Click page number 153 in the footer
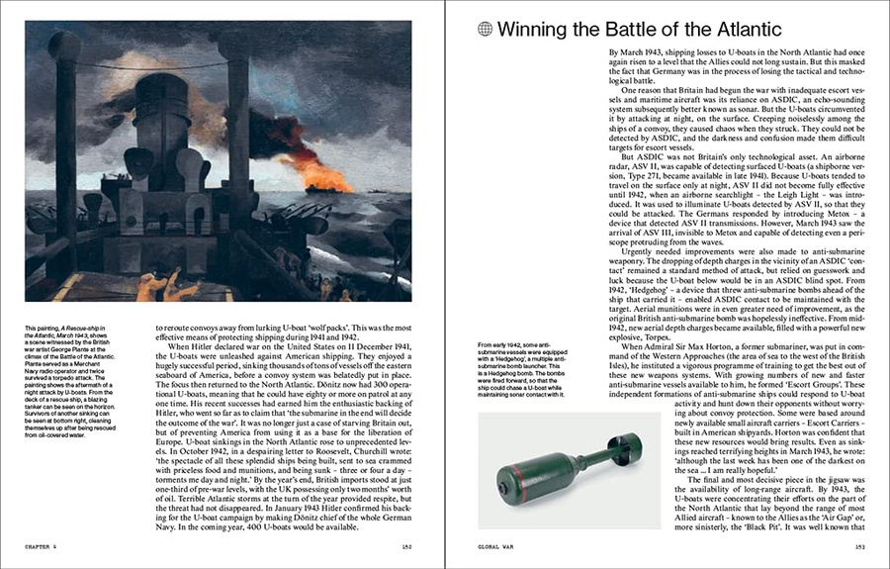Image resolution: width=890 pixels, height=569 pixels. click(860, 545)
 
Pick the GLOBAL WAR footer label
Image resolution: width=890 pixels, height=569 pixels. click(496, 545)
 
